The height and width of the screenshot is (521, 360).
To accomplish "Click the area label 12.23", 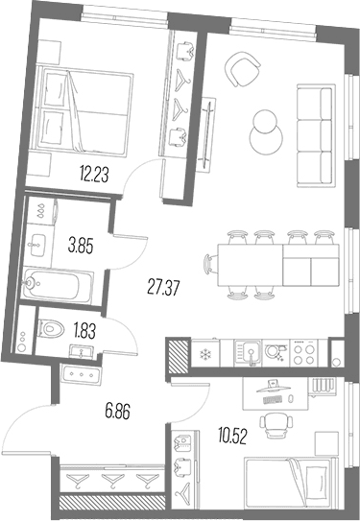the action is pos(94,175).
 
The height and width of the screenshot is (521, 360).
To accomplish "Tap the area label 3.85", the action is pos(81,247).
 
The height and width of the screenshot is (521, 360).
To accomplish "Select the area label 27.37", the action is pos(163,288).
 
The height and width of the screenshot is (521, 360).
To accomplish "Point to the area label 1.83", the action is pos(84,331).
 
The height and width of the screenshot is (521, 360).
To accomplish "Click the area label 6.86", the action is pos(117,412).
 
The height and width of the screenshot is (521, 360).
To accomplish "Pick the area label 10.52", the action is pos(232,436).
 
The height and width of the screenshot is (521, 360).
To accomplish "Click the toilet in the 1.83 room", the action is pos(51,329).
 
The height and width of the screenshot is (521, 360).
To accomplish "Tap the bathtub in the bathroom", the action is pos(58,286).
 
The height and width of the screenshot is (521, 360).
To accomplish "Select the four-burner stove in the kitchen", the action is pos(304,353).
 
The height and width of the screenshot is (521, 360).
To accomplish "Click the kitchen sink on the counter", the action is pos(248,353).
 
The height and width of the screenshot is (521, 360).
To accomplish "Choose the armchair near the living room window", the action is pos(242,69).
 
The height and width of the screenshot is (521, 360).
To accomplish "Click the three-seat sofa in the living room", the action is pos(315,135).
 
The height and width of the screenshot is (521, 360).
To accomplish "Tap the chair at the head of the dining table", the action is pos(211,265).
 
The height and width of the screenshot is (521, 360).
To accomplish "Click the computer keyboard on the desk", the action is pos(273,400).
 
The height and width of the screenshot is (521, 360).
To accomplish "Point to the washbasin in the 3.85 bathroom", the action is pos(37,245).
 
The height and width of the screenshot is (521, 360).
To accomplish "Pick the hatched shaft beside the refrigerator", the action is pos(180,355).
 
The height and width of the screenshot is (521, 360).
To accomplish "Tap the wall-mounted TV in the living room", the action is pos(206,133).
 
